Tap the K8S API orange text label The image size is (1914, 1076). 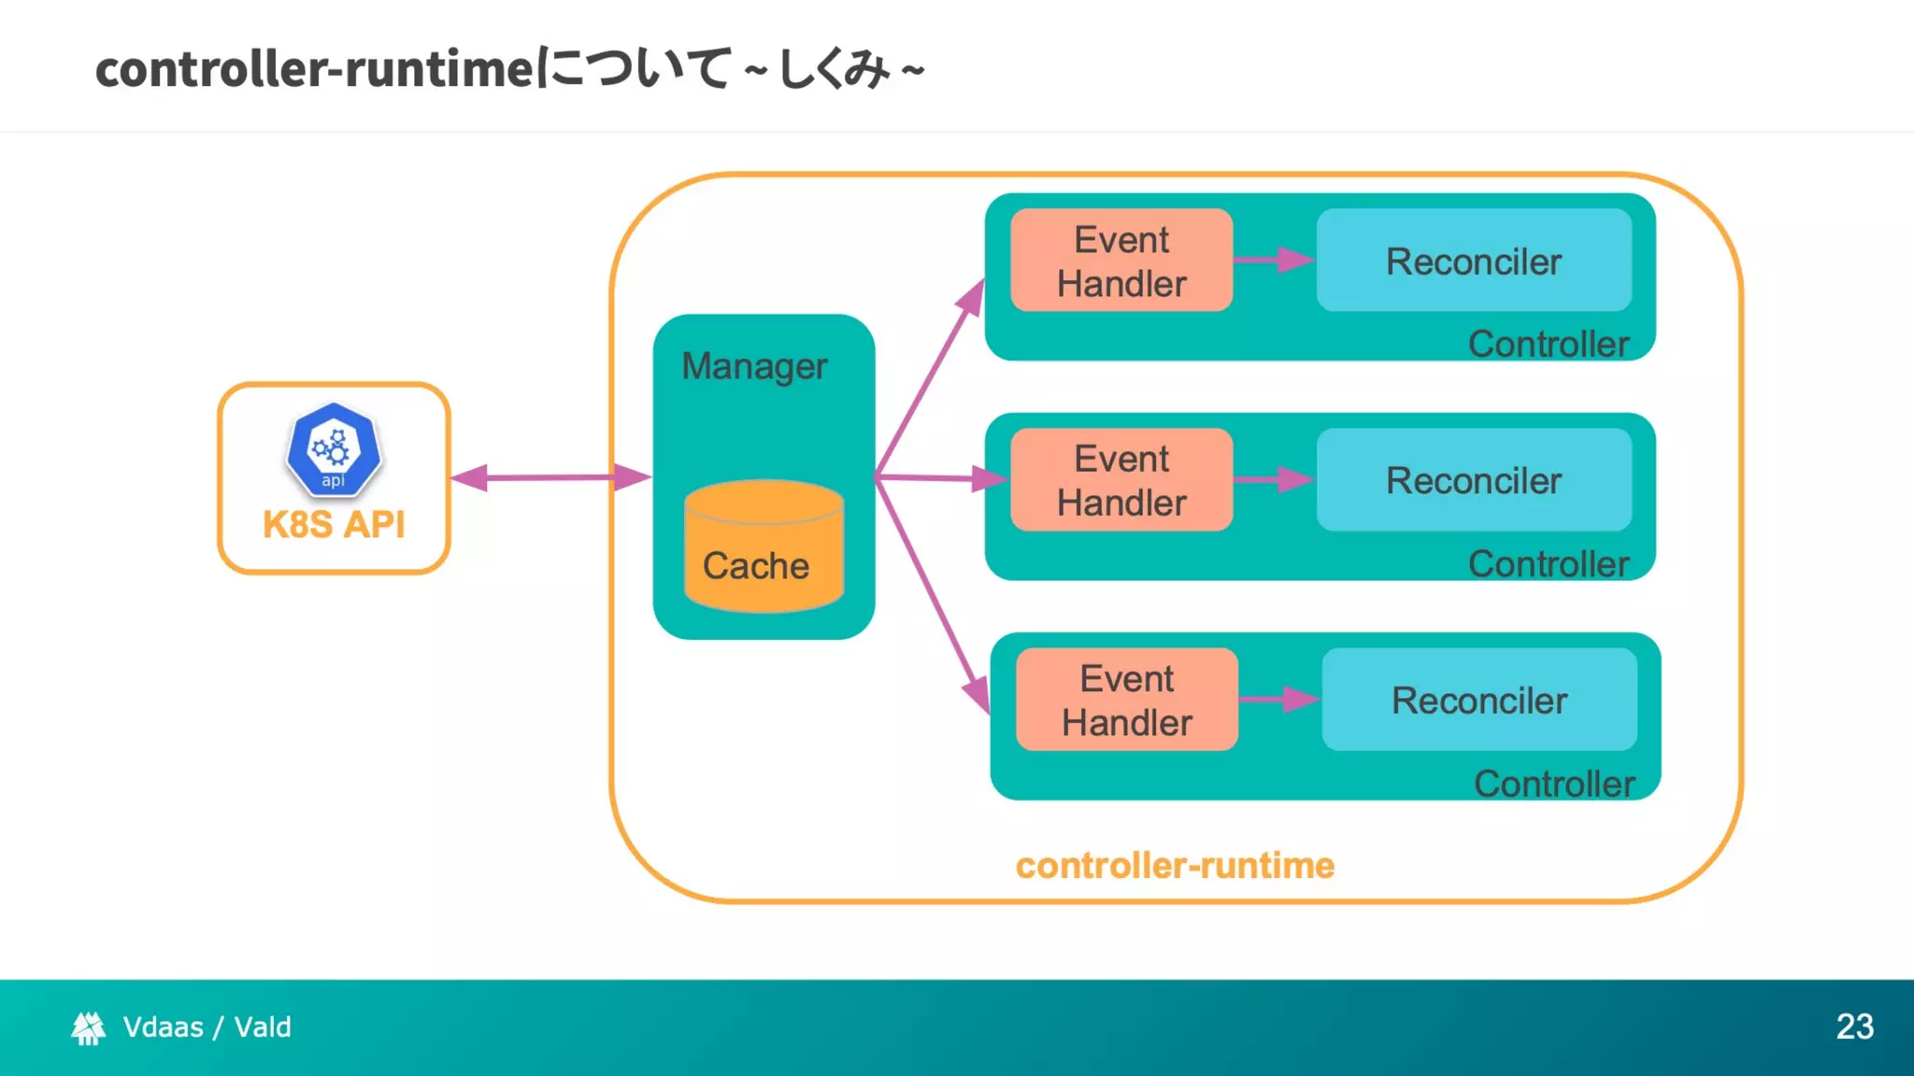[x=334, y=525]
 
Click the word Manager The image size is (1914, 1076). [x=754, y=366]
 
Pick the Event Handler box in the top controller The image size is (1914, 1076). [x=1121, y=261]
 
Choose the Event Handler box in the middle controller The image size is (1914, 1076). [x=1121, y=480]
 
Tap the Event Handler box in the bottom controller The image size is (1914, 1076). [x=1126, y=700]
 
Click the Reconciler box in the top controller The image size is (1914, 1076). [x=1473, y=261]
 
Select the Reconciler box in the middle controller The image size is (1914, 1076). [x=1473, y=480]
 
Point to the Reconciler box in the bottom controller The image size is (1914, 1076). [x=1478, y=700]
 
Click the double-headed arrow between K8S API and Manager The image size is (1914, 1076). [x=550, y=477]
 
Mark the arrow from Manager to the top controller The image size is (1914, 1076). [x=930, y=379]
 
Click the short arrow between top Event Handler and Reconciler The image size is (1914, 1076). [x=1273, y=260]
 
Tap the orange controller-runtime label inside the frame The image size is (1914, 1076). [x=1175, y=866]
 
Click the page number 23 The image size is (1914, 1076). [x=1854, y=1026]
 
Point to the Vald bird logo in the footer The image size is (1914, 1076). [x=88, y=1027]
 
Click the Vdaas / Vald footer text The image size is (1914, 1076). [x=207, y=1027]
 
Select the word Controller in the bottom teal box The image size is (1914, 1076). [x=1553, y=784]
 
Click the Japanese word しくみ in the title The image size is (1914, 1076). [x=835, y=69]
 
